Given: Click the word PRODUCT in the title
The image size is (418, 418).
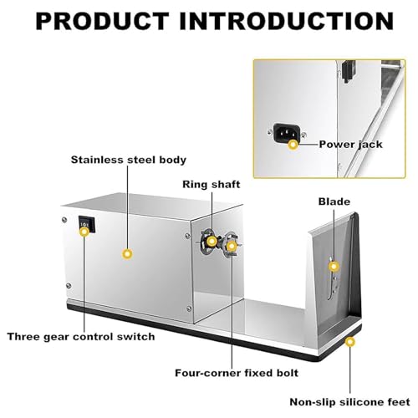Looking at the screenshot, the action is [102, 22].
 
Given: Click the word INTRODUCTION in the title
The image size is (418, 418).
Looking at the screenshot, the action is [287, 22].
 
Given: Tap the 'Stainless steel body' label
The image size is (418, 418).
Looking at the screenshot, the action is [129, 160].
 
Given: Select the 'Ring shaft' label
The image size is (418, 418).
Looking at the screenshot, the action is [212, 185].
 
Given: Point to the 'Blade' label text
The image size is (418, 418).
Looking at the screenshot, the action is [334, 201].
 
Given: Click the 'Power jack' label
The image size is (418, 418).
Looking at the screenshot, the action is [350, 145].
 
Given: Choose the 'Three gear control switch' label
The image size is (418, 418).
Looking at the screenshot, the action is [81, 337].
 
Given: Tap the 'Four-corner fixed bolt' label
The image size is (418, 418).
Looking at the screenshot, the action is [237, 373].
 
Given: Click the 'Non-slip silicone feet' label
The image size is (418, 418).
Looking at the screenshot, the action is [350, 402].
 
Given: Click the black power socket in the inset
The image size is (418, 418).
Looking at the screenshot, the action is [287, 132].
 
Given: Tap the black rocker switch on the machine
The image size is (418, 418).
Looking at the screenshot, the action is [87, 224].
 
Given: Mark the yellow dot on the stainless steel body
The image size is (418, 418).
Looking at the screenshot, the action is [127, 254].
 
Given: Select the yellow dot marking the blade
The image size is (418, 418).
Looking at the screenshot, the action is [334, 267].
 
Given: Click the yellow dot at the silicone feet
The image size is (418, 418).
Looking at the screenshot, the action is [350, 342].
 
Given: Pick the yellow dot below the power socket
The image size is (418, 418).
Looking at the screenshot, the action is [293, 145].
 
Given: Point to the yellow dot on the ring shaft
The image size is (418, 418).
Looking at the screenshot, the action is [212, 242].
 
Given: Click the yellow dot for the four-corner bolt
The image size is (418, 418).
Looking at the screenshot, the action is [232, 246].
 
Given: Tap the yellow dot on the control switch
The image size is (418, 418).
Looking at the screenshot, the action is [84, 232].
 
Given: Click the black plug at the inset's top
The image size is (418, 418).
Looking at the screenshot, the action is [348, 71].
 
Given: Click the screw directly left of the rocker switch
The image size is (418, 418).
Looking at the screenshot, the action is [64, 220].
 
